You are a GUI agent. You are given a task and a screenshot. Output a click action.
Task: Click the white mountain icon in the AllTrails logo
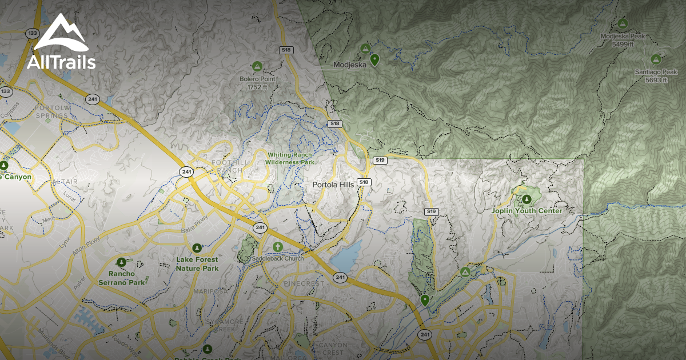[x=60, y=33]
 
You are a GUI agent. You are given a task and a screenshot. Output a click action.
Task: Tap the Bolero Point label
[x=257, y=79]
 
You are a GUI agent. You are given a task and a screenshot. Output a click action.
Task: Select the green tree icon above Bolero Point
[x=257, y=66]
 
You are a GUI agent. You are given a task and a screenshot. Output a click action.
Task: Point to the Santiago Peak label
[x=656, y=72]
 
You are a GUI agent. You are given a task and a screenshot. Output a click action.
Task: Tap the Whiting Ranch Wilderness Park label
[x=290, y=158]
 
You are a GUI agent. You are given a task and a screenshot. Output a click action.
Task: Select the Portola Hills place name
[x=334, y=185]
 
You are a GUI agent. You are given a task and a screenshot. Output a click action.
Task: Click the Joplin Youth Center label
[x=527, y=211]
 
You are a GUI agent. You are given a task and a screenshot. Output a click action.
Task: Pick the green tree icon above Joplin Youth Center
[x=527, y=199]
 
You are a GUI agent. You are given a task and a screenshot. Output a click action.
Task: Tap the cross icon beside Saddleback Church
[x=277, y=247]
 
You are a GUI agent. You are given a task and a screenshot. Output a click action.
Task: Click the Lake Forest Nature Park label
[x=197, y=264]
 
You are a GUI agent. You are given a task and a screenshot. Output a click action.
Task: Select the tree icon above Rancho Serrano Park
[x=121, y=262]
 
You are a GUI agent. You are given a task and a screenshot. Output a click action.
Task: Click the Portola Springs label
[x=51, y=111]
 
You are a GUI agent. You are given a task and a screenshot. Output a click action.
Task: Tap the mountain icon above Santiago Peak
[x=656, y=59]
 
